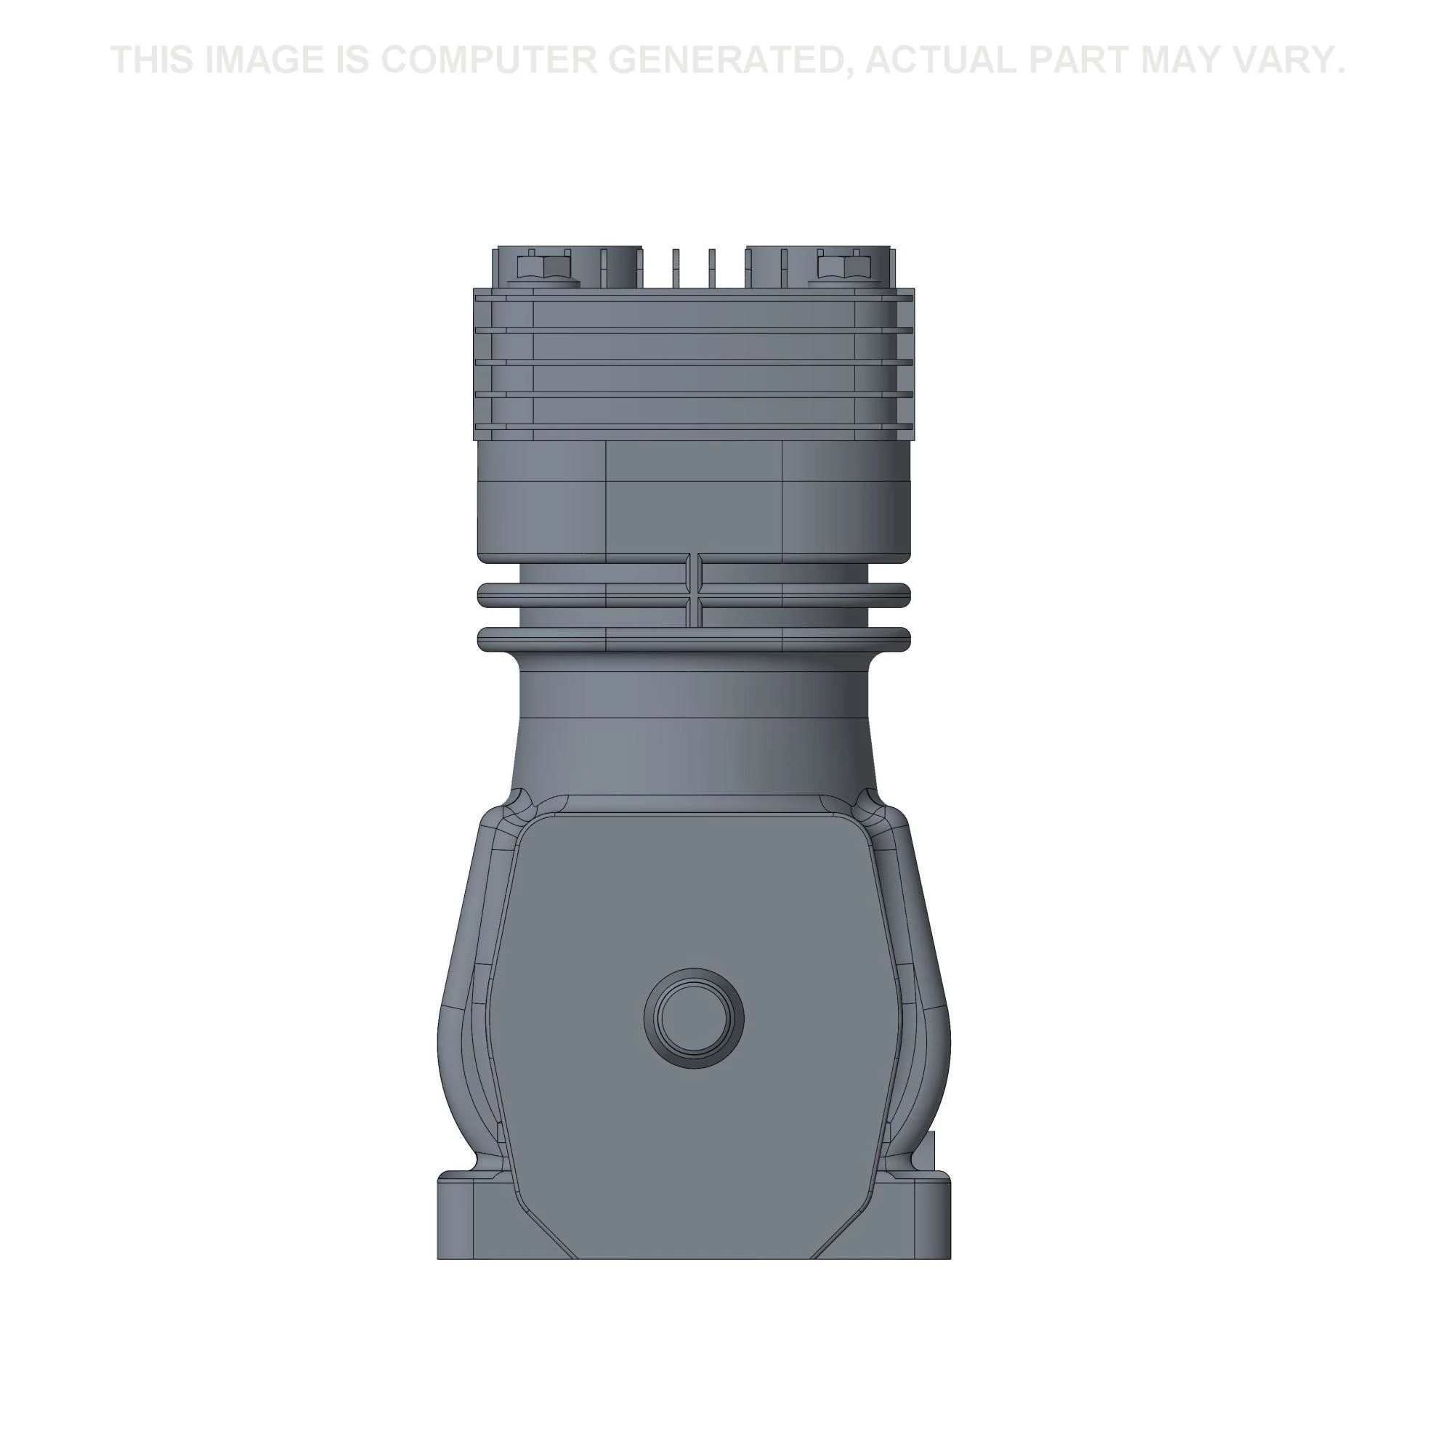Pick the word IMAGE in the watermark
[264, 60]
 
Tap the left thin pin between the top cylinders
[676, 267]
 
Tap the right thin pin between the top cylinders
[711, 267]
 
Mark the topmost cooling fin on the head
[693, 296]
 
